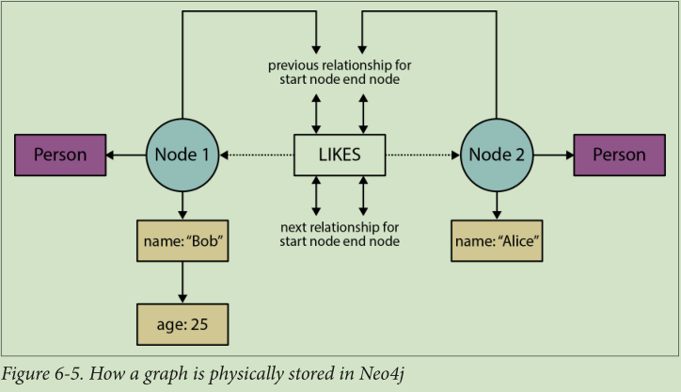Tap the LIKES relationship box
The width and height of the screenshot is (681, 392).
coord(340,155)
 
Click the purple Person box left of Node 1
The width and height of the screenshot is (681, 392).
coord(61,155)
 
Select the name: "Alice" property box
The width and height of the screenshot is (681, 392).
coord(498,241)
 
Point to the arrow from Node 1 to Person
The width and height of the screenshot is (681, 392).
coord(125,155)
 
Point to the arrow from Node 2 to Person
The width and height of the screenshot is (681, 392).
coord(554,155)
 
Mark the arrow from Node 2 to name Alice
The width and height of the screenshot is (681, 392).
coord(498,204)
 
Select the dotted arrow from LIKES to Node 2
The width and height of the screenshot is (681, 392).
coord(423,155)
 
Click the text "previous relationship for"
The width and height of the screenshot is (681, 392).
coord(340,65)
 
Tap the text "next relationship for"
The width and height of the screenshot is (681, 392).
coord(340,227)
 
